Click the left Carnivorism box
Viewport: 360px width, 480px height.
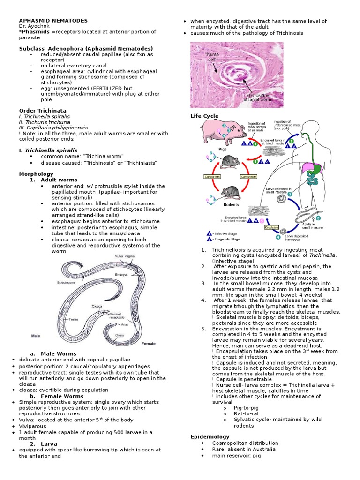coord(209,177)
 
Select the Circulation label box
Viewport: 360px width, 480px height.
coord(271,227)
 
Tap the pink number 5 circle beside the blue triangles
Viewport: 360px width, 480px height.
coord(262,220)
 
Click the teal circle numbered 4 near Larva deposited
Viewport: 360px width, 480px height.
coord(278,237)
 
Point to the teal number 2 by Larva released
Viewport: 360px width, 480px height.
coord(290,194)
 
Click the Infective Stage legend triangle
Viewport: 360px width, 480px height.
coord(209,233)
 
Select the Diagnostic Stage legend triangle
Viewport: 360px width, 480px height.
coord(209,239)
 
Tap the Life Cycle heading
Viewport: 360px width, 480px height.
coord(204,116)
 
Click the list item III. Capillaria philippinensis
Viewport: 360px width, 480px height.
coord(53,127)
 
